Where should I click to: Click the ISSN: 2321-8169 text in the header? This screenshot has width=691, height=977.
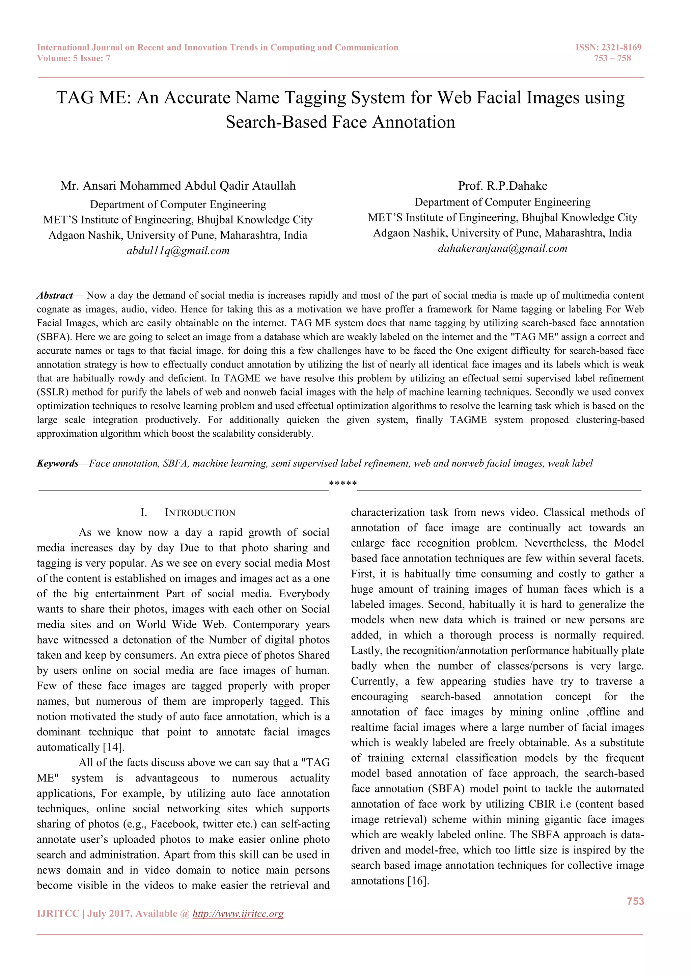coord(608,47)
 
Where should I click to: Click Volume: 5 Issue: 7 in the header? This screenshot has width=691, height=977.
coord(74,58)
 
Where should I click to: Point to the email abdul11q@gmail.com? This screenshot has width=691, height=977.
coord(178,251)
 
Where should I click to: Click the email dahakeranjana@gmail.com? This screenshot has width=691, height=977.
coord(502,248)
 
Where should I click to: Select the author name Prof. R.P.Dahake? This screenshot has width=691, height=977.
coord(502,186)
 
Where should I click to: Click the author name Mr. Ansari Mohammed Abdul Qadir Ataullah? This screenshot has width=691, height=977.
coord(178,186)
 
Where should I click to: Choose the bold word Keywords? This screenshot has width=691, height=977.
coord(57,463)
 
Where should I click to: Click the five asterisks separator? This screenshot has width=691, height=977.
coord(342,484)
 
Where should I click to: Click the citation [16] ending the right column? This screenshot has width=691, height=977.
coord(417,880)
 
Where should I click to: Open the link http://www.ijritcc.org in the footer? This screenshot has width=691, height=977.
coord(238,914)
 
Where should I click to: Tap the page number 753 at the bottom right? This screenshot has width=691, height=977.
coord(635,901)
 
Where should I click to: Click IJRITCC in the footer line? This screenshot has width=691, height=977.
coord(58,914)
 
